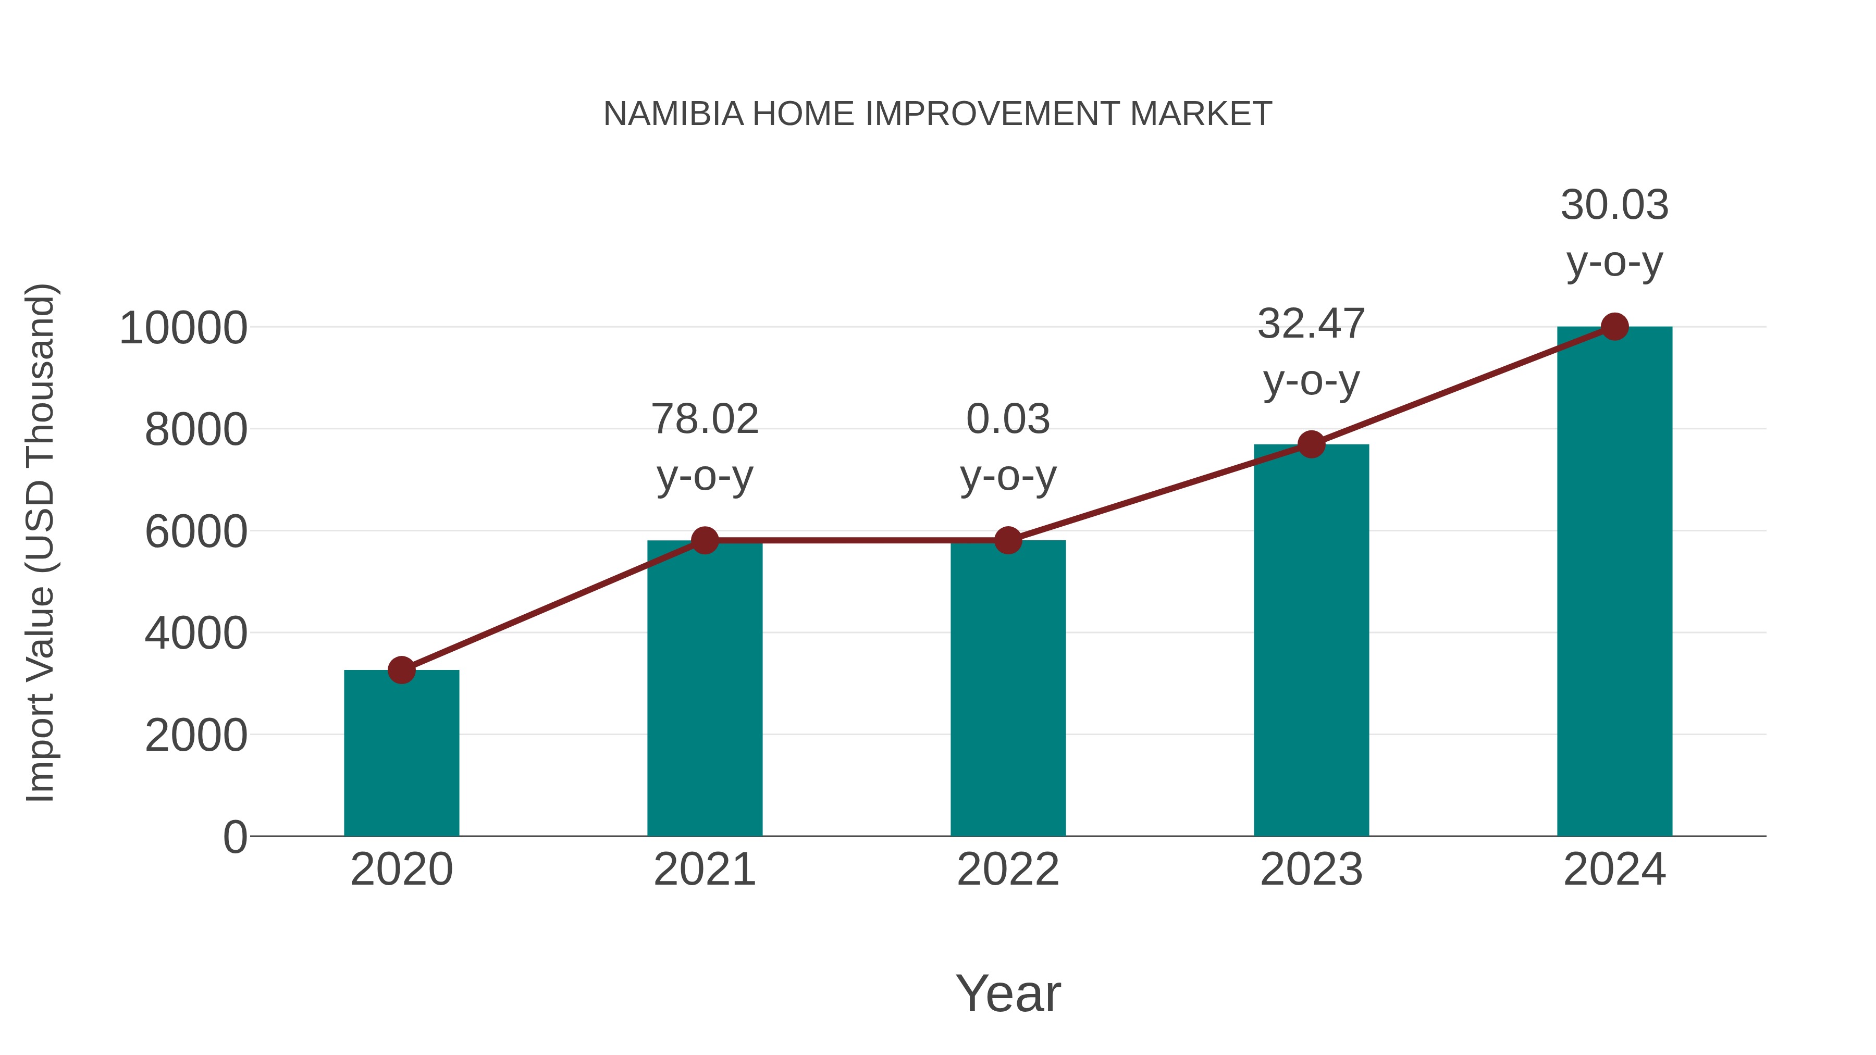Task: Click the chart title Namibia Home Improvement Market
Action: [937, 114]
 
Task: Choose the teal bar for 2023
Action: [1311, 641]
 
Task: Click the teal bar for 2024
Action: [1614, 582]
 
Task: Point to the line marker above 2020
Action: [401, 670]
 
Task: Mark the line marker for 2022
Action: [1008, 540]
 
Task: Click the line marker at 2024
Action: [1614, 327]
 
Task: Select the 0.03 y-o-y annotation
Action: [1008, 447]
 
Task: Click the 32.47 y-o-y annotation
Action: [1311, 352]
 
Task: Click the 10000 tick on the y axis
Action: [183, 328]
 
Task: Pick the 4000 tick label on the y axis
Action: [196, 634]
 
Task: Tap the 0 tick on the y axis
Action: [235, 837]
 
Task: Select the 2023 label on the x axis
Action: [1311, 870]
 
